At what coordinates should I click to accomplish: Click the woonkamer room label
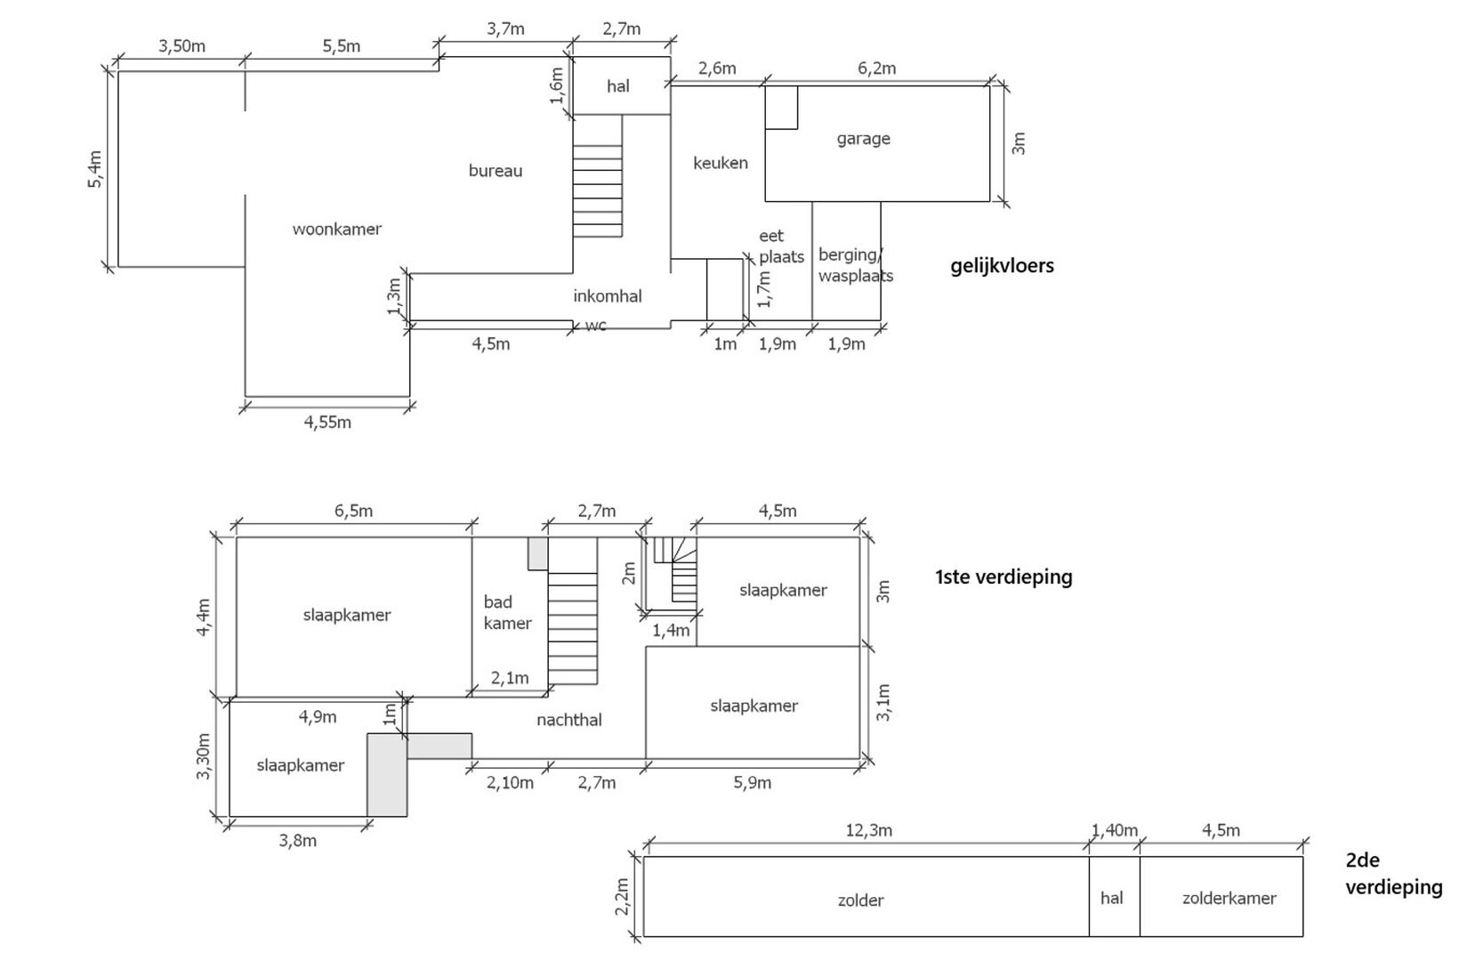coord(337,230)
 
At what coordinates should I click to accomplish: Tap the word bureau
coord(496,171)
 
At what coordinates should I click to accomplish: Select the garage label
coord(863,140)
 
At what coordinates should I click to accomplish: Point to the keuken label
coord(721,163)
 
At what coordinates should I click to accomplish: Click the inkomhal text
coord(607,296)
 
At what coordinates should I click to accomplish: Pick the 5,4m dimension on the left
coord(94,170)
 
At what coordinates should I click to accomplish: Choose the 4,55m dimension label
coord(327,423)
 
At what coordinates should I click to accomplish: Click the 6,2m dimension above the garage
coord(876,69)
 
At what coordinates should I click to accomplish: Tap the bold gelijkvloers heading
coord(1002,266)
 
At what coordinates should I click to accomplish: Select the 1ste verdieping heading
coord(1003,577)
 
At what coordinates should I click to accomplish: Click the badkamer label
coord(507,612)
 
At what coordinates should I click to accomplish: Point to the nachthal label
coord(569,720)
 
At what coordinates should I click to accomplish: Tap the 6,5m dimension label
coord(353,511)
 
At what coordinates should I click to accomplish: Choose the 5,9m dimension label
coord(752,783)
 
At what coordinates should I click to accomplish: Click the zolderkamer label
coord(1229,899)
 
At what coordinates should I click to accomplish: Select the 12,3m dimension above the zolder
coord(868,830)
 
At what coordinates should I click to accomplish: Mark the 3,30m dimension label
coord(203,756)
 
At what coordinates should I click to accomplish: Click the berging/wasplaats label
coord(856,265)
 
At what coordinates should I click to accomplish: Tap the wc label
coord(596,325)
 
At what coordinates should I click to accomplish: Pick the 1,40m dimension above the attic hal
coord(1114,830)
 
